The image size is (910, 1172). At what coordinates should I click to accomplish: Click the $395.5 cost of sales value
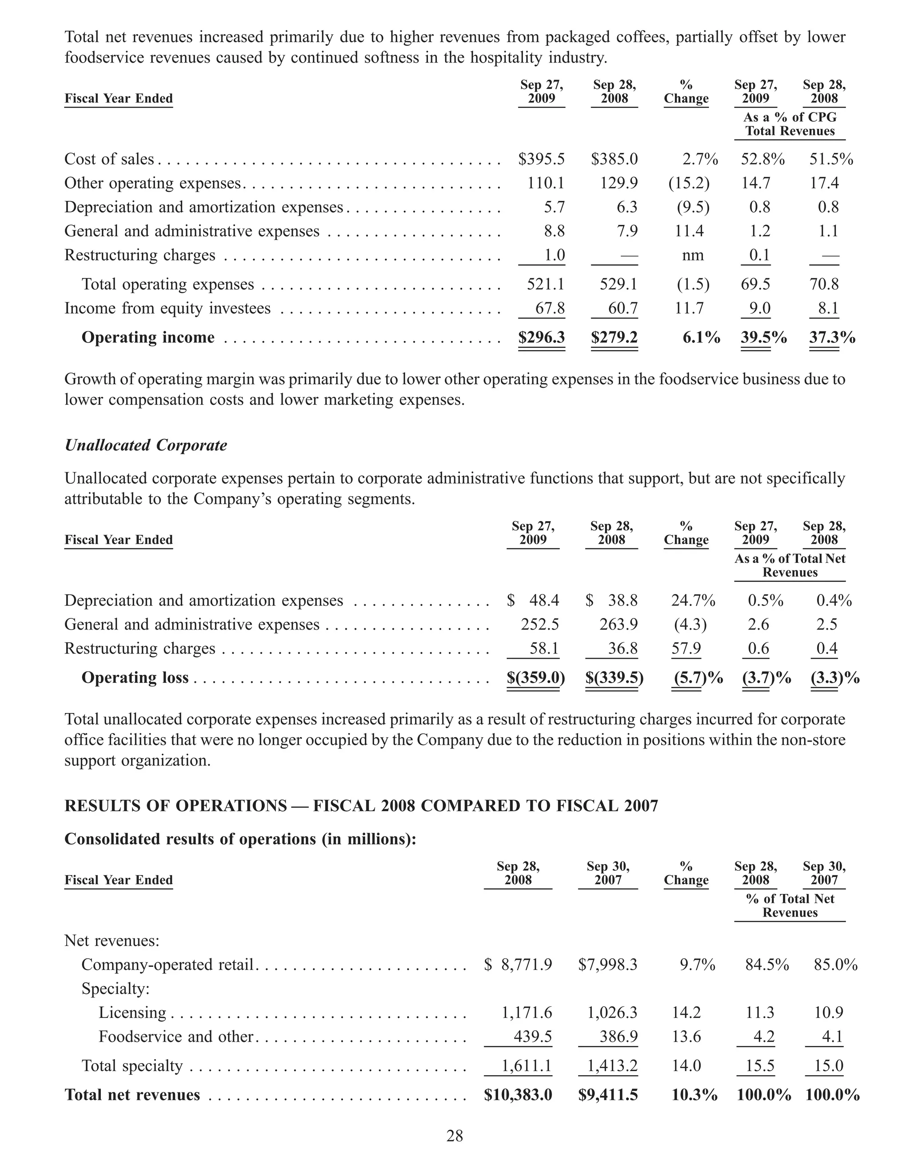(541, 159)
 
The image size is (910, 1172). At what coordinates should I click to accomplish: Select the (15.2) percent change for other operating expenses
(688, 183)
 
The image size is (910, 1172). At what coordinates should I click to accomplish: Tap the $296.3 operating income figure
(541, 338)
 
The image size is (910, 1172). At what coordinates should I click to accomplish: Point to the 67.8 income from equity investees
(550, 309)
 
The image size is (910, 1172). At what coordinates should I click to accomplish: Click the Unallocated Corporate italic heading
(145, 446)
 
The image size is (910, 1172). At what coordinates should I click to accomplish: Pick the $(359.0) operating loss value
(535, 678)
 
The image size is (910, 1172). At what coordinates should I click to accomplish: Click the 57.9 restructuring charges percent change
(686, 649)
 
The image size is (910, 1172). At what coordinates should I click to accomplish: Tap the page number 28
(455, 1136)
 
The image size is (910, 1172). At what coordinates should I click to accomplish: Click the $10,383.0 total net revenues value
(518, 1095)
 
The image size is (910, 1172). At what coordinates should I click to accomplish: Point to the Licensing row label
(132, 1013)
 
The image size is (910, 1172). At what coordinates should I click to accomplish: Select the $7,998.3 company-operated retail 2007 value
(607, 965)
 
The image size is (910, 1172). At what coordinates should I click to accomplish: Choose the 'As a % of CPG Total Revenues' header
(790, 124)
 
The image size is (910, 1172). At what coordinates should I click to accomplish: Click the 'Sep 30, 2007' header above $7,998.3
(607, 873)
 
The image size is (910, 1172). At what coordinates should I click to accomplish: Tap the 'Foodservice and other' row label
(176, 1036)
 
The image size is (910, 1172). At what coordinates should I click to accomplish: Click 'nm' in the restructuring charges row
(692, 255)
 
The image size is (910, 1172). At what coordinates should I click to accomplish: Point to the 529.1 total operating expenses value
(618, 284)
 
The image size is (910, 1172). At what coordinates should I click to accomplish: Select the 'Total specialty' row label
(132, 1066)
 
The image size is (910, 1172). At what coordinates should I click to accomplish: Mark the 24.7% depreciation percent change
(693, 601)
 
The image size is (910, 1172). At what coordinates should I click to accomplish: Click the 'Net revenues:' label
(112, 941)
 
